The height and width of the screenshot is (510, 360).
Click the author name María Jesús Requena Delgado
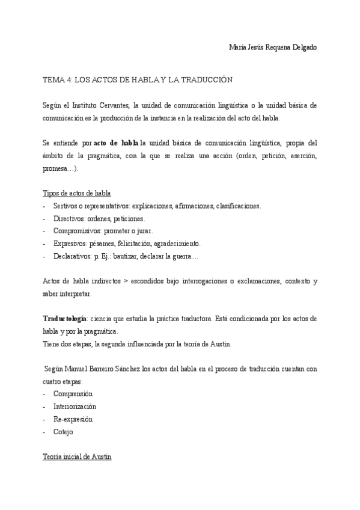click(x=273, y=47)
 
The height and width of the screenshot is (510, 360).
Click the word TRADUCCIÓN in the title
click(x=201, y=79)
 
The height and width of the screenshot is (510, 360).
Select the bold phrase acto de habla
click(x=116, y=143)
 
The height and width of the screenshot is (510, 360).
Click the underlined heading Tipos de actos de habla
click(x=76, y=194)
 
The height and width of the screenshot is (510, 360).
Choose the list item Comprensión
click(x=73, y=394)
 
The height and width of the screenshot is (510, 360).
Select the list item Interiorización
click(x=75, y=407)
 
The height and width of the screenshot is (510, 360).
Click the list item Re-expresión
click(x=73, y=419)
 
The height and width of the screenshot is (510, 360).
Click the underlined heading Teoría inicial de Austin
click(x=77, y=457)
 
